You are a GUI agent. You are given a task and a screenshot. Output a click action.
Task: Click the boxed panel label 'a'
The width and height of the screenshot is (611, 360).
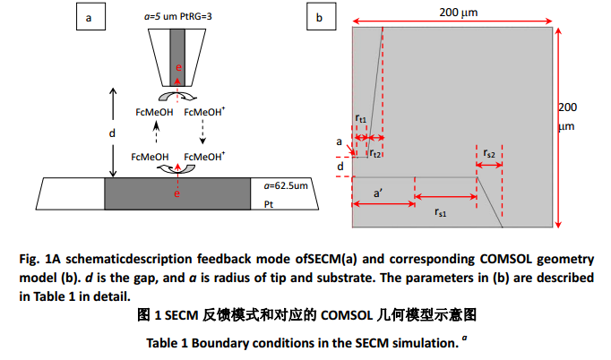pyautogui.click(x=88, y=18)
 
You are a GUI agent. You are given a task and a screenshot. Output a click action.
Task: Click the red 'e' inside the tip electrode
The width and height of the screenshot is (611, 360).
pyautogui.click(x=178, y=67)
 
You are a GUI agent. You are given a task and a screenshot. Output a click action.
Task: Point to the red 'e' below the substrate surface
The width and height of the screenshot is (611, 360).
pyautogui.click(x=177, y=191)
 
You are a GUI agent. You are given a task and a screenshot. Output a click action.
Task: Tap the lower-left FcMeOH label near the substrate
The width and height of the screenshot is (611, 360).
pyautogui.click(x=150, y=157)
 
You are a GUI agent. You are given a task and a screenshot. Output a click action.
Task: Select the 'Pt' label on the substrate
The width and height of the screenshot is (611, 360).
pyautogui.click(x=270, y=205)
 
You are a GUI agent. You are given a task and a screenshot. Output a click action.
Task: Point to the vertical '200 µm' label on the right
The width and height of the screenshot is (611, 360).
pyautogui.click(x=567, y=116)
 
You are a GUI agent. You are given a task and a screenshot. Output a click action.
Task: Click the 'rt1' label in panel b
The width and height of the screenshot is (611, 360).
pyautogui.click(x=361, y=117)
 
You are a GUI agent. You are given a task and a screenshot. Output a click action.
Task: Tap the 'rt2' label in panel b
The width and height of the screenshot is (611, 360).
pyautogui.click(x=375, y=154)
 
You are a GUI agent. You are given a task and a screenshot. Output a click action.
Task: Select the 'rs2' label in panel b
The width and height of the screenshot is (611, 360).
pyautogui.click(x=489, y=154)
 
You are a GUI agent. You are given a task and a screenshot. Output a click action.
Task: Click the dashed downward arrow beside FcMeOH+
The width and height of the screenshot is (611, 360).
pyautogui.click(x=202, y=133)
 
